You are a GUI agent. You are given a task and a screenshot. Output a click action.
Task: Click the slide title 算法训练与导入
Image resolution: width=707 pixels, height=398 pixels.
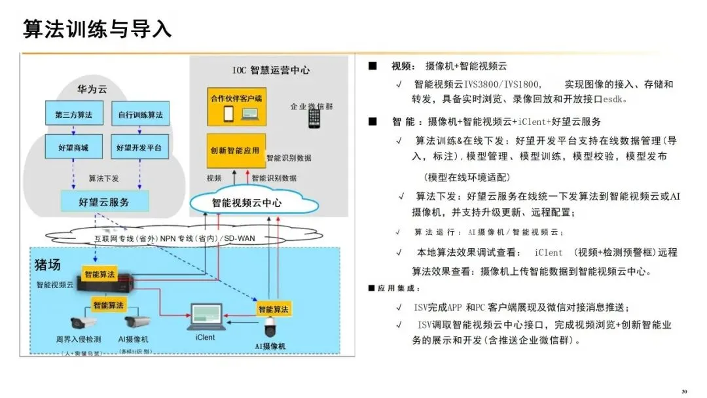pyautogui.click(x=98, y=29)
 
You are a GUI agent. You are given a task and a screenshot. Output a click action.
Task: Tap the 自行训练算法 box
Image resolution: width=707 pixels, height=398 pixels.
pyautogui.click(x=140, y=115)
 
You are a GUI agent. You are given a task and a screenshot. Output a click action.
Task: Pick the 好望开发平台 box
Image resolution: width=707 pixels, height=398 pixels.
pyautogui.click(x=140, y=148)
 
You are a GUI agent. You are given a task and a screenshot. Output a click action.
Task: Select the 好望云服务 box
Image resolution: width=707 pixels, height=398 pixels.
pyautogui.click(x=104, y=202)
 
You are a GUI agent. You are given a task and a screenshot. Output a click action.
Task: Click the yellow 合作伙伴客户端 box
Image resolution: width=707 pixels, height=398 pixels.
pyautogui.click(x=236, y=106)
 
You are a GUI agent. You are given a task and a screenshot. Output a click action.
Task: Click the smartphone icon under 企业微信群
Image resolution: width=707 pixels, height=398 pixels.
pyautogui.click(x=314, y=118)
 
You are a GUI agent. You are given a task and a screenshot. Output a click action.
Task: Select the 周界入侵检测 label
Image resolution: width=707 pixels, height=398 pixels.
pyautogui.click(x=78, y=339)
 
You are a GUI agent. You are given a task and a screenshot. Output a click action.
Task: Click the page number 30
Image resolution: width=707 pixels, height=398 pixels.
pyautogui.click(x=684, y=391)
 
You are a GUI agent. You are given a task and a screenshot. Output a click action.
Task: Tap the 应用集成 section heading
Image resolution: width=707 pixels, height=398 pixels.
pyautogui.click(x=399, y=289)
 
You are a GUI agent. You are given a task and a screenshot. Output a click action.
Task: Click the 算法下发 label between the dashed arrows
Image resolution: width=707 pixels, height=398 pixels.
pyautogui.click(x=104, y=178)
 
